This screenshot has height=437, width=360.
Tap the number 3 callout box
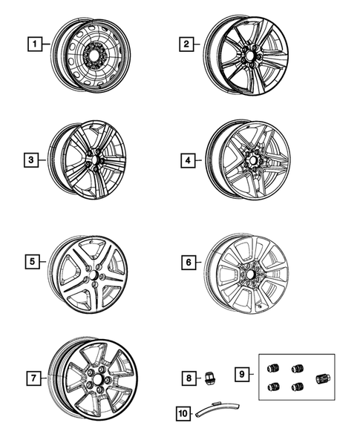click(30, 159)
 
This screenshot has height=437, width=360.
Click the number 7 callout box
click(34, 378)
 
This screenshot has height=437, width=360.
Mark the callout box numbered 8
click(189, 378)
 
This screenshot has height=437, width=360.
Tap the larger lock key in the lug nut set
click(322, 378)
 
